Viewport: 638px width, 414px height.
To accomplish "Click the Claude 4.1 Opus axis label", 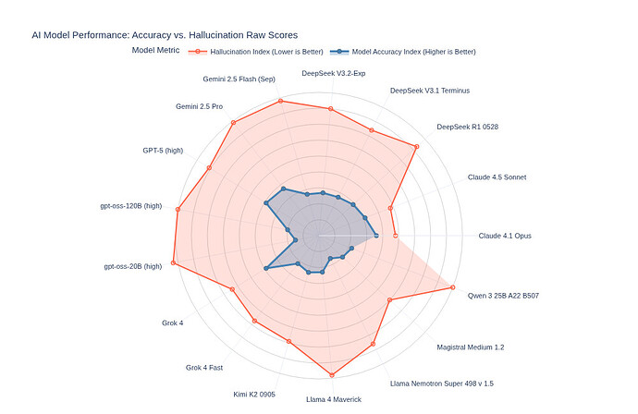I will pos(505,236).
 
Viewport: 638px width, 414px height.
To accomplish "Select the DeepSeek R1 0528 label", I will pos(467,127).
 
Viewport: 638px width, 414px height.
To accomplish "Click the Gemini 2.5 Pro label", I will pos(199,106).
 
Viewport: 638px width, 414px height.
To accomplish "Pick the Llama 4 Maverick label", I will pos(334,399).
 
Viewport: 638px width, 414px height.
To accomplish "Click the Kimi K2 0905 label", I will pos(254,395).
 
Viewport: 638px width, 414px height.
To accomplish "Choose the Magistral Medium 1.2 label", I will pos(471,347).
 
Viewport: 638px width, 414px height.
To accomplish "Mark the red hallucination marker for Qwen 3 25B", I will pos(453,287).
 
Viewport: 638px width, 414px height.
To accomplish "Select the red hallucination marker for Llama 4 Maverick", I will pos(331,374).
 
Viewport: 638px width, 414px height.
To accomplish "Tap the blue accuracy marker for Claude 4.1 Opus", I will pos(376,236).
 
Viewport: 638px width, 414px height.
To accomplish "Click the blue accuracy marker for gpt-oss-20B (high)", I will pos(266,268).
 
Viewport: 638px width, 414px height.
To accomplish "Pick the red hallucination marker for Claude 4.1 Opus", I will pos(396,236).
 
